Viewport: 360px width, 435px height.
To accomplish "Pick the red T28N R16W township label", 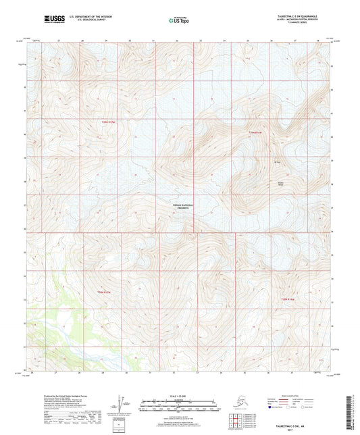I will click(288, 299).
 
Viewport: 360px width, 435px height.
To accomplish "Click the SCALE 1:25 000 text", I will click(179, 396).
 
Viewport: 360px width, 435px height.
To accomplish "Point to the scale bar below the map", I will click(179, 405).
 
